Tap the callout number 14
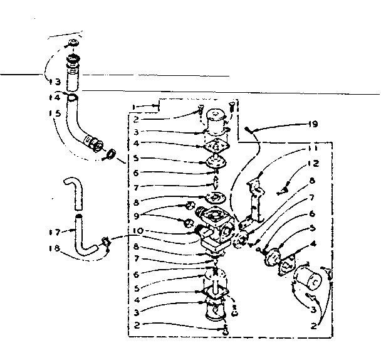[x=55, y=98]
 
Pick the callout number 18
[x=55, y=248]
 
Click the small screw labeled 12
[x=284, y=186]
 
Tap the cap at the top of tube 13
[x=73, y=44]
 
